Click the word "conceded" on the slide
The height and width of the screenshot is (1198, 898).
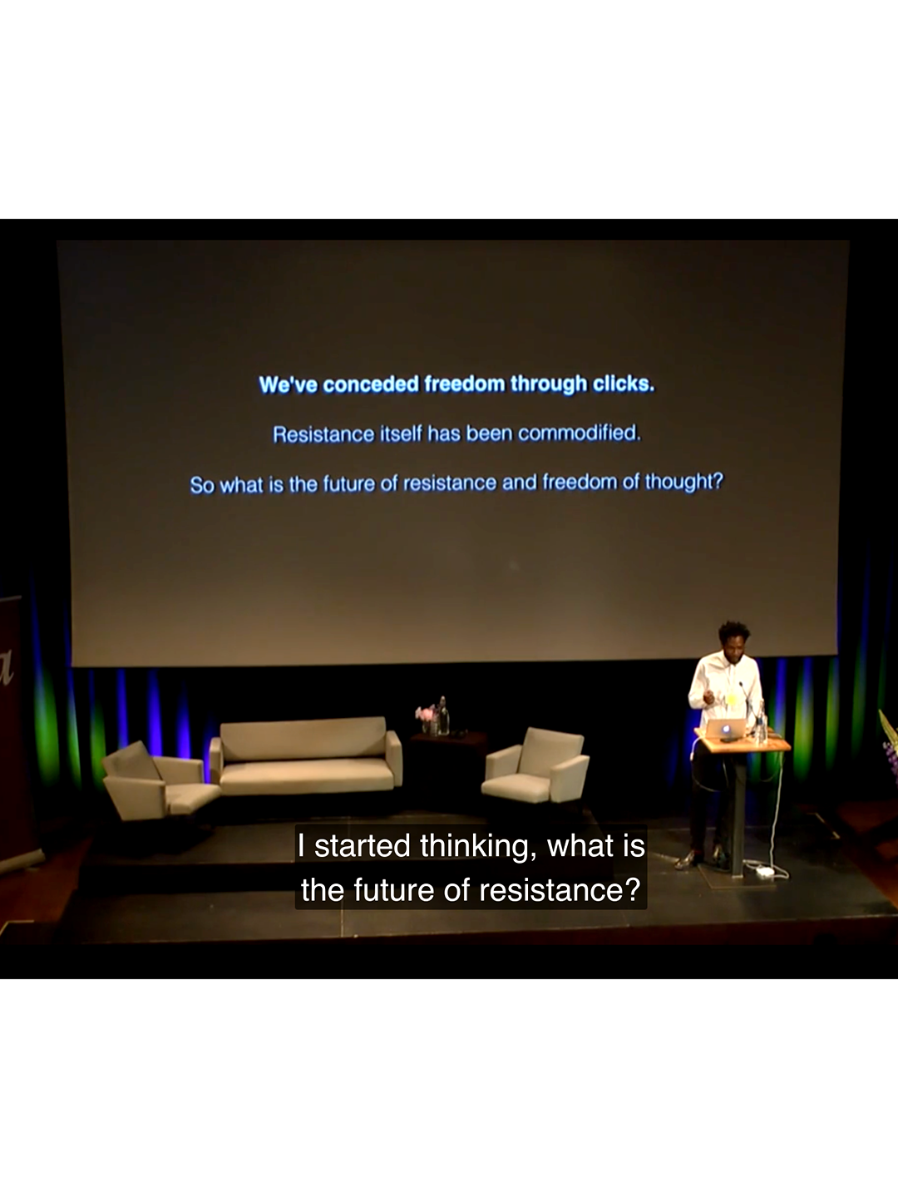(371, 385)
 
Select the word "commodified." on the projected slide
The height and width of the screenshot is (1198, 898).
(580, 433)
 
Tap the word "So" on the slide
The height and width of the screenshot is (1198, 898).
(202, 485)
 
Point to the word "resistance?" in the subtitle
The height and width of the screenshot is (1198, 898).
(560, 890)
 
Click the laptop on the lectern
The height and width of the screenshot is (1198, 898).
(725, 729)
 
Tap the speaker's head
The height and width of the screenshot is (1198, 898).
(733, 639)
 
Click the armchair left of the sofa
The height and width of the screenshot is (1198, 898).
(158, 781)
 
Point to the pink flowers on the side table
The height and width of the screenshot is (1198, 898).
(425, 714)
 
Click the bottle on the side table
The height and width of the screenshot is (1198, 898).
(443, 715)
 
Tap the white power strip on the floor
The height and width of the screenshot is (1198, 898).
(765, 871)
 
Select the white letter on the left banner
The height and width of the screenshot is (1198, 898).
(6, 669)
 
